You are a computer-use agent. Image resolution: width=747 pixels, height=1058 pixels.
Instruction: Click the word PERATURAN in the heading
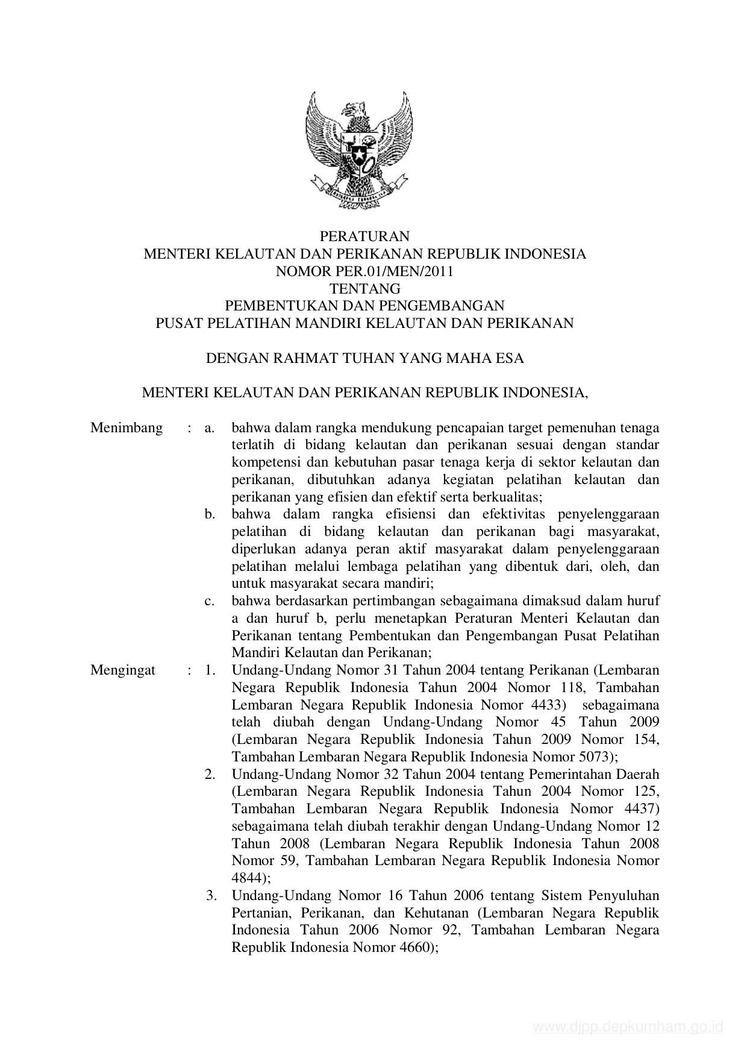(x=364, y=236)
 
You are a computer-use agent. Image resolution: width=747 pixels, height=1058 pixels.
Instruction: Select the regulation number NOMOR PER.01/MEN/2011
(x=364, y=271)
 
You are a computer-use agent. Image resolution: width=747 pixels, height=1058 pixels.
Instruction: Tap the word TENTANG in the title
(x=364, y=289)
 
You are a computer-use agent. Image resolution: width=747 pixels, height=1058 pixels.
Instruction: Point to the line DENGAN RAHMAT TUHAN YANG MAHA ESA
(x=364, y=359)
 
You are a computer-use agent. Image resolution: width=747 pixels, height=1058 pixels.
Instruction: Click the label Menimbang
(x=127, y=428)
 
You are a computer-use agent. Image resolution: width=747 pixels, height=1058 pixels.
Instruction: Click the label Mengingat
(x=123, y=670)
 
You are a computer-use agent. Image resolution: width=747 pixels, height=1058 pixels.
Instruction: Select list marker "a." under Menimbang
(x=210, y=428)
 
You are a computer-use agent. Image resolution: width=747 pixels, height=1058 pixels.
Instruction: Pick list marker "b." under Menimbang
(x=210, y=515)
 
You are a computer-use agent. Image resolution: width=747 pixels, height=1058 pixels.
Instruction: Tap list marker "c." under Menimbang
(x=210, y=601)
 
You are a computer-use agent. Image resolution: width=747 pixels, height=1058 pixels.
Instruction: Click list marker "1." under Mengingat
(x=210, y=670)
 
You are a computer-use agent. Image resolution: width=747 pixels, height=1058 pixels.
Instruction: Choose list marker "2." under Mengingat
(x=210, y=774)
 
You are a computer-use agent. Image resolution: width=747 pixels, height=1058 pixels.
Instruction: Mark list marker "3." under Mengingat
(x=211, y=895)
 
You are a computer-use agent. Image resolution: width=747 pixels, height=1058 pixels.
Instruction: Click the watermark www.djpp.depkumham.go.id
(x=628, y=1027)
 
